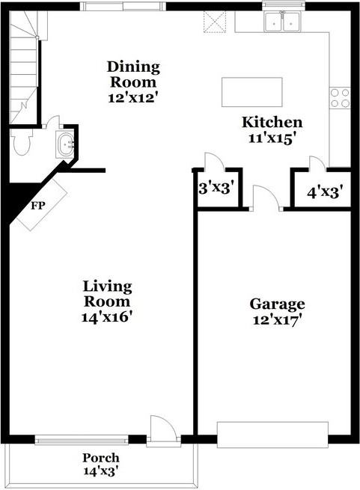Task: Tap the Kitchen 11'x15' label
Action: (x=271, y=129)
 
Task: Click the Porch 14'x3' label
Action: (x=101, y=465)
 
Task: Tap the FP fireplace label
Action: (x=37, y=203)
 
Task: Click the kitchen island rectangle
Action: (x=252, y=92)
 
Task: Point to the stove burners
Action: (x=339, y=97)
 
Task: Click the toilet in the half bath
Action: (x=20, y=142)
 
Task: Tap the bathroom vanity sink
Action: (x=65, y=143)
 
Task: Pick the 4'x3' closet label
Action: (x=324, y=192)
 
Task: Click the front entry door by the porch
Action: (x=162, y=432)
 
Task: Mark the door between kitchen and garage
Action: (x=265, y=200)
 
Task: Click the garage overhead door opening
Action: (x=272, y=435)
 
